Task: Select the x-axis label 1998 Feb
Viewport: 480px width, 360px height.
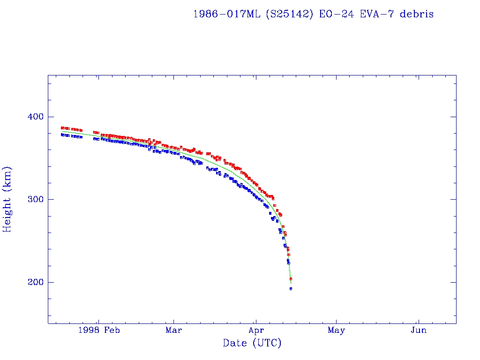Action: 99,330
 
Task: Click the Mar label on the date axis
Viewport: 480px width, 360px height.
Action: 173,330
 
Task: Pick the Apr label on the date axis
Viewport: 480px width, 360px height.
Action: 255,330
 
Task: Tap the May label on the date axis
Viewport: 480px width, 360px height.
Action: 337,330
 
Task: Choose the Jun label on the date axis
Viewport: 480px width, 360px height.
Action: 418,330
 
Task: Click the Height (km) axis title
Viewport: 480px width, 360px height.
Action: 7,199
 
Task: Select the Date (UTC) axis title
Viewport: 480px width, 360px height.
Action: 252,343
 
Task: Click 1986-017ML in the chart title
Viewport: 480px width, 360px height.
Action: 227,14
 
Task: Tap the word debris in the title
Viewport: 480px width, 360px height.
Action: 417,14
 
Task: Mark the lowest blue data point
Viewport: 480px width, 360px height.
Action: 291,289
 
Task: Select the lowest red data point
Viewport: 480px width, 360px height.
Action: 291,279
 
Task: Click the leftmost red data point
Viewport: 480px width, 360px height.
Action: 62,128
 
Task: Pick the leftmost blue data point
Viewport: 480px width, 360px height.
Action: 62,135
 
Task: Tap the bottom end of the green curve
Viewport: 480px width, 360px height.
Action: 291,284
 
